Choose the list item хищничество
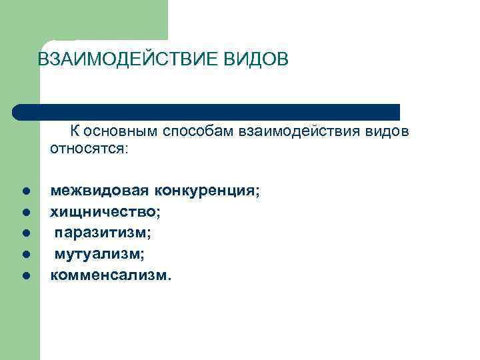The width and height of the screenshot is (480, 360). pyautogui.click(x=105, y=212)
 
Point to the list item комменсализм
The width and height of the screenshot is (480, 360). pyautogui.click(x=111, y=274)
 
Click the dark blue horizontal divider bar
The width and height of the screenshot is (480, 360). pyautogui.click(x=207, y=112)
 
